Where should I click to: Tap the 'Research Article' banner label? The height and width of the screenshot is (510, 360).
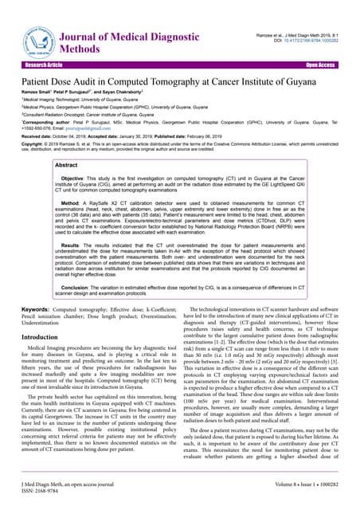[x=44, y=65]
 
